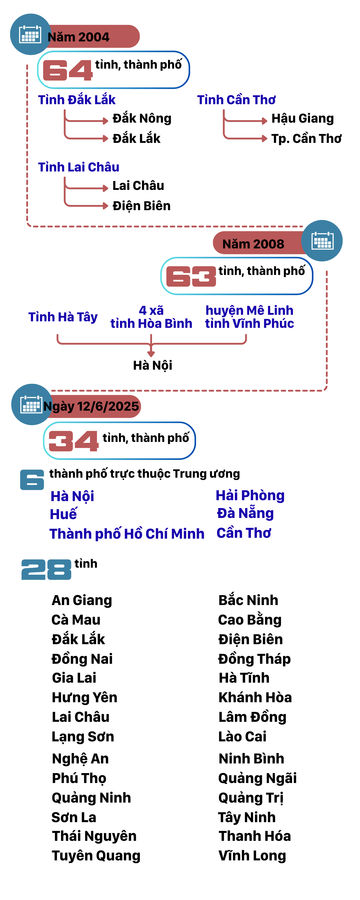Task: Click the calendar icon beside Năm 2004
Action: pos(30,34)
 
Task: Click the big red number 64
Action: pos(67,70)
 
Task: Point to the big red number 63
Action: pos(191,276)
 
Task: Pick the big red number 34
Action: pos(73,441)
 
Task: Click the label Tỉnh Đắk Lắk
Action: pos(76,100)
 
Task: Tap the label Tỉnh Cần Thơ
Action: pos(236,100)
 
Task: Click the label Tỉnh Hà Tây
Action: pos(63,317)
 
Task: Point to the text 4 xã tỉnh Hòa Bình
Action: pos(151,317)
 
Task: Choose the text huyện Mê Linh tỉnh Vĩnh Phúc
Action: pos(249,317)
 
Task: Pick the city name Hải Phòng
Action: pos(250,495)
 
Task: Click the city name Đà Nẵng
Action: pos(245,513)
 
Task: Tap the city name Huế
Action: pos(63,514)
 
